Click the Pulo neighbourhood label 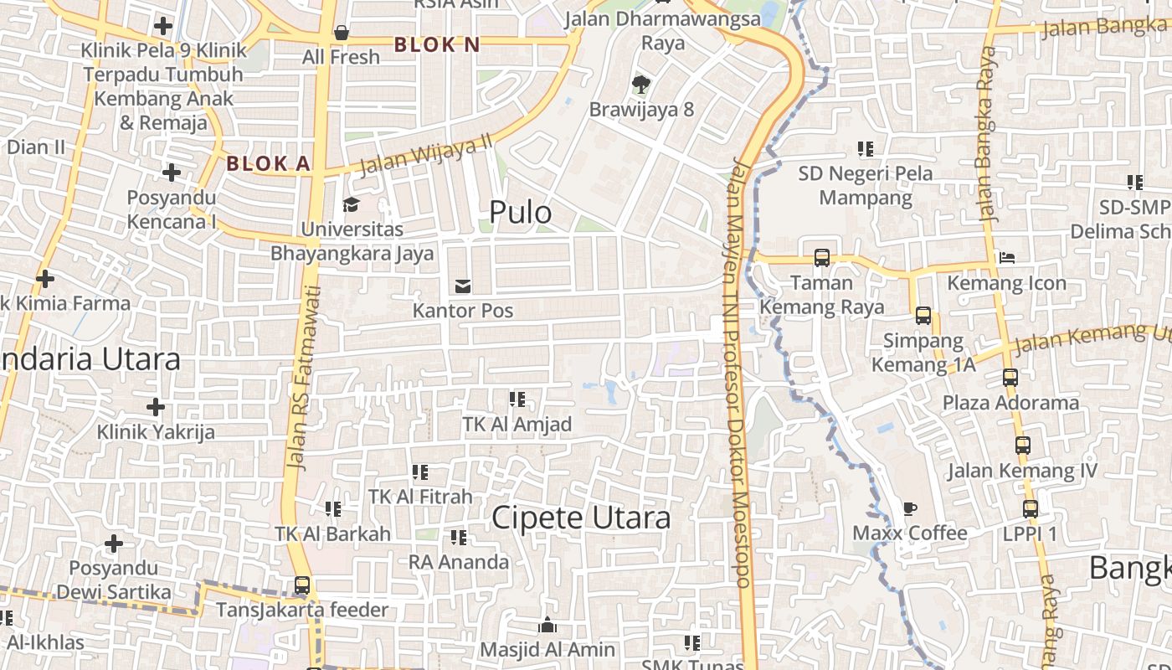(520, 213)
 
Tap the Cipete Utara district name (581, 518)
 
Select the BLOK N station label (437, 44)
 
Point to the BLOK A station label (269, 163)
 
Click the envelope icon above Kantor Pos (462, 286)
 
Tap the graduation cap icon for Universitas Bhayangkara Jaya (351, 204)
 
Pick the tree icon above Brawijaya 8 (641, 84)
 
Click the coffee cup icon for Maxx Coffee (909, 508)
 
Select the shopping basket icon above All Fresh (341, 33)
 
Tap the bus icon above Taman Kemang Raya (822, 258)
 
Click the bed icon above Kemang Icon (1006, 258)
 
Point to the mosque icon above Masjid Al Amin (547, 625)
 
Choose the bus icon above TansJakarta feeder (301, 585)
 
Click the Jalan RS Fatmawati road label (304, 377)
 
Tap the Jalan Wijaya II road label (425, 154)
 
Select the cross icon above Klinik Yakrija (155, 408)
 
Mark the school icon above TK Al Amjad (517, 399)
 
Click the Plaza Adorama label (1010, 403)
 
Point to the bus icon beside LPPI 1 (1031, 509)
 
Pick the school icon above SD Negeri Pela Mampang (866, 149)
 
